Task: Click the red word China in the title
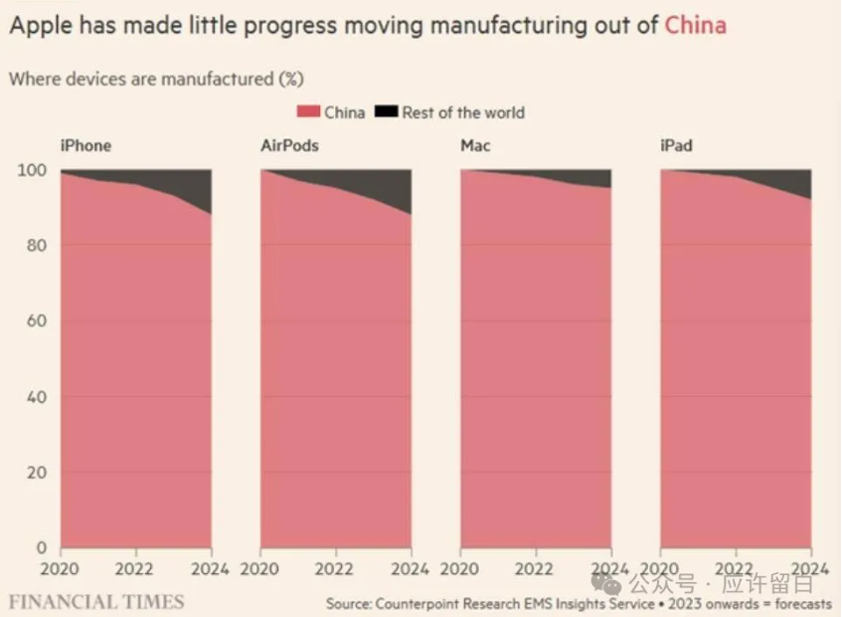pos(695,24)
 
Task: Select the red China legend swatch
pos(309,112)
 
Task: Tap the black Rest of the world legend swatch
pos(387,112)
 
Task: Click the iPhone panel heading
pos(86,145)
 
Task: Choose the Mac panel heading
pos(475,145)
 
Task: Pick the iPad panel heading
pos(677,145)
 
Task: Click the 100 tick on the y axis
pos(32,170)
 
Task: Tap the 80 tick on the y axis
pos(36,246)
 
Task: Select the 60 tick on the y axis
pos(36,321)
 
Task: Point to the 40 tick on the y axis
pos(36,397)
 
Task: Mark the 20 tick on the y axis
pos(36,473)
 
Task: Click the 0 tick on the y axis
pos(41,547)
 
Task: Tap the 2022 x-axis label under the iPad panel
pos(737,569)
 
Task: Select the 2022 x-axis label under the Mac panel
pos(536,569)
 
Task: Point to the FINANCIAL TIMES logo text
pos(96,601)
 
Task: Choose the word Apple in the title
pos(36,25)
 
